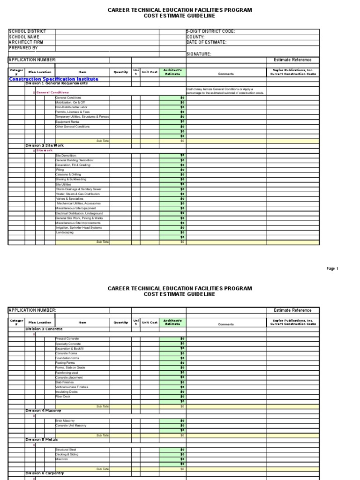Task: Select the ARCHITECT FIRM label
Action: click(26, 42)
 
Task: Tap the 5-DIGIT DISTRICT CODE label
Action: click(210, 32)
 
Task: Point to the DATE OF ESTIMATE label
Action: click(206, 42)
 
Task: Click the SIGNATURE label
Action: click(199, 54)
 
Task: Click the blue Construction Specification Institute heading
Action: click(54, 79)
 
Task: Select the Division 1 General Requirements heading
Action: click(56, 83)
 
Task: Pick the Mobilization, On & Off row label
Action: click(70, 102)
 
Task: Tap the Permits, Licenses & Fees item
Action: click(72, 112)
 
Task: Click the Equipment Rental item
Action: click(67, 122)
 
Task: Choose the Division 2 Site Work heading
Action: click(45, 146)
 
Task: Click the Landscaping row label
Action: click(65, 232)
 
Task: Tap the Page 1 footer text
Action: click(332, 269)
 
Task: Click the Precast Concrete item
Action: click(67, 338)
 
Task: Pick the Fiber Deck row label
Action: click(63, 397)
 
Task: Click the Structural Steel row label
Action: click(67, 450)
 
